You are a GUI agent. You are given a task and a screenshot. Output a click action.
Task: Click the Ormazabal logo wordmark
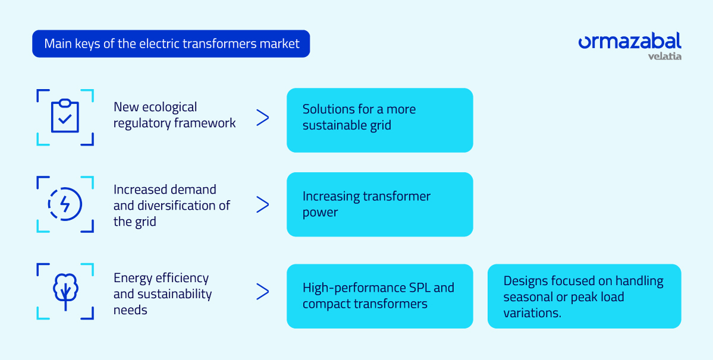coord(629,42)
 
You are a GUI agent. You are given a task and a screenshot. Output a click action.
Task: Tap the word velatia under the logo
coord(664,56)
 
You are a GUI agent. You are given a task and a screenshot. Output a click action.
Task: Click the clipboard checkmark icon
coord(65,117)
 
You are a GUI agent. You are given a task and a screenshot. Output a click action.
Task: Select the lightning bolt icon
coord(65,204)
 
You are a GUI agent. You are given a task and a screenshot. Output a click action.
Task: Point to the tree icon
coord(65,292)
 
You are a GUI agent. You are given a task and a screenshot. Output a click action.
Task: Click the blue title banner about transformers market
coord(171,44)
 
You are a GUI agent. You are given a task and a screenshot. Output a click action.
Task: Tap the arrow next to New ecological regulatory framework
coord(262,118)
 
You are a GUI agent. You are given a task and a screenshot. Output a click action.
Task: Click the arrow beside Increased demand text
coord(262,205)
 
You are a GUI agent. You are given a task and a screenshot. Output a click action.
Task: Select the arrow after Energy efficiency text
coord(262,292)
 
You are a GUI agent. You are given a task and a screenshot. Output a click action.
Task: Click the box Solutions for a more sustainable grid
coord(380,120)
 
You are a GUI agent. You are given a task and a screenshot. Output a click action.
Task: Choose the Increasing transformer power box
coord(380,204)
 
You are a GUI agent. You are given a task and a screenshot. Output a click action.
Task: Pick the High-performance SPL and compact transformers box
coord(380,296)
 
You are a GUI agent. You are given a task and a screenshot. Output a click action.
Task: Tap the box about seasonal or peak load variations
coord(584,296)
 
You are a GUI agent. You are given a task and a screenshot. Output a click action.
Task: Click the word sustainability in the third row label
coord(174,294)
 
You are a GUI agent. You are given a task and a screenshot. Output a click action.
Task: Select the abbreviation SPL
coord(418,288)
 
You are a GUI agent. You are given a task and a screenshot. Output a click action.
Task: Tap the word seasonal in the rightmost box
coord(528,297)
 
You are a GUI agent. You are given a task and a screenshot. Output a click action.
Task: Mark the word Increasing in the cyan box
coord(331,197)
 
